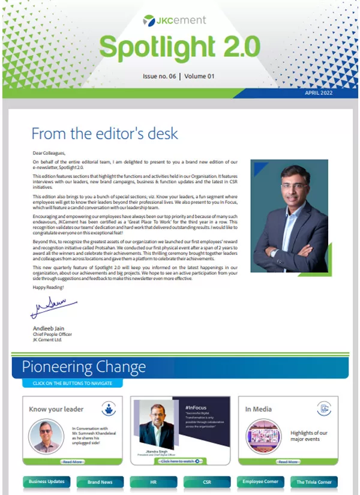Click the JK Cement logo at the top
click(174, 20)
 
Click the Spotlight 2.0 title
click(179, 47)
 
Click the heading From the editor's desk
click(104, 133)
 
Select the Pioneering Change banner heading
click(84, 367)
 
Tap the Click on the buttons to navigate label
click(72, 383)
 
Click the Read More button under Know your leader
click(73, 462)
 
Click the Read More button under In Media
click(288, 462)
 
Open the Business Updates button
click(47, 482)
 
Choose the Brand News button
click(100, 482)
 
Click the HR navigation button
click(154, 482)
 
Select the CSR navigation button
click(207, 482)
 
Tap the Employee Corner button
click(260, 482)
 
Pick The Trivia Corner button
click(313, 482)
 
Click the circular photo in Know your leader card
click(46, 435)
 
